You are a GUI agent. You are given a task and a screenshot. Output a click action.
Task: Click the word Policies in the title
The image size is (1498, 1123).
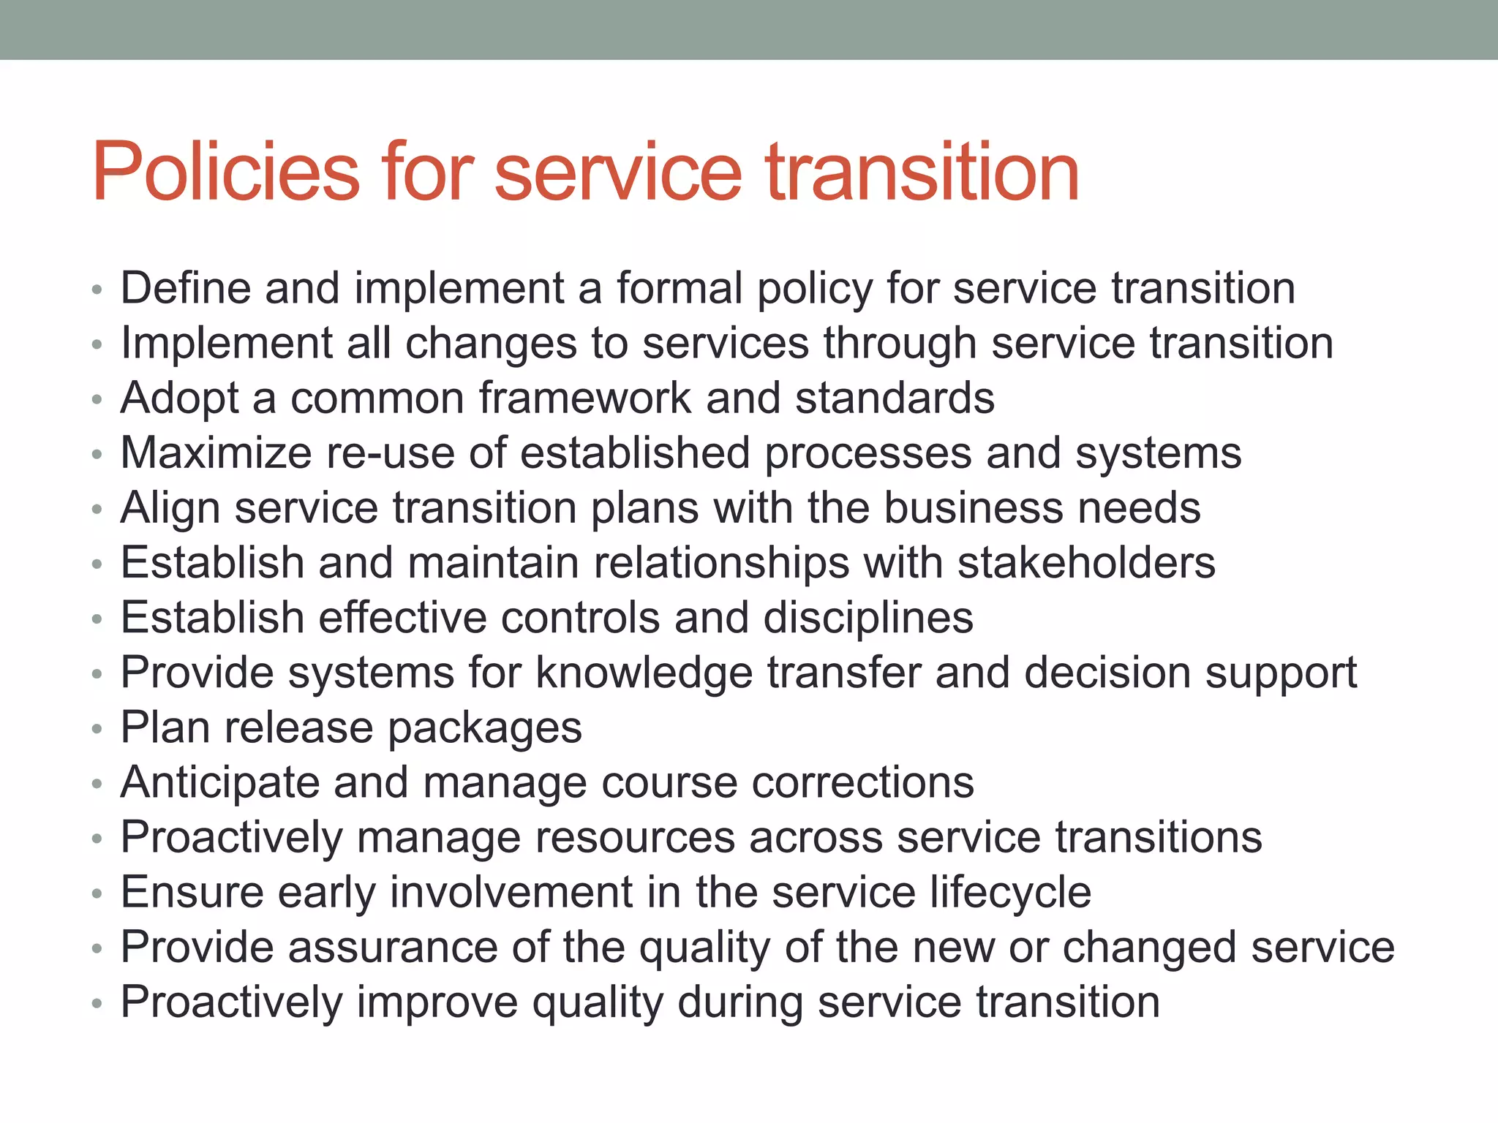tap(226, 173)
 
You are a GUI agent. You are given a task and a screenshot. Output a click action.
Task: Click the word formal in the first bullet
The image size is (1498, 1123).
tap(679, 288)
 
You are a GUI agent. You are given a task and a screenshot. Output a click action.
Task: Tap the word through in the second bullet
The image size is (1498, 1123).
tap(900, 344)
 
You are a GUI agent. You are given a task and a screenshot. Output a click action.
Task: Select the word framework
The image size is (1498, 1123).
tap(585, 398)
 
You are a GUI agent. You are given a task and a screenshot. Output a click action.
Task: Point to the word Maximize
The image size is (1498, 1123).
tap(216, 453)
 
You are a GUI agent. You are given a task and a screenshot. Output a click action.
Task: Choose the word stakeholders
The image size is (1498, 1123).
tap(1086, 563)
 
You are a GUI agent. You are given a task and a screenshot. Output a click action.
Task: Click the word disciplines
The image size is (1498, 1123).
tap(868, 618)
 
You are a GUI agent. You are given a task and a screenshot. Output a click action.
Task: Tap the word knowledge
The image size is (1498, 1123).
tap(644, 673)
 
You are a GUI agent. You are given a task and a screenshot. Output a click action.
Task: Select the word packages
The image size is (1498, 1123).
tap(484, 728)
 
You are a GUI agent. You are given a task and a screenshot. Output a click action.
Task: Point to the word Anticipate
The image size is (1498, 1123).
tap(220, 783)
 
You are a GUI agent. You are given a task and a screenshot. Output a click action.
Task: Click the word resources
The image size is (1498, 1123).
tap(635, 838)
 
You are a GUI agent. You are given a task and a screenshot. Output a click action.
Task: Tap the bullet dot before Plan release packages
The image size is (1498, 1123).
tap(97, 730)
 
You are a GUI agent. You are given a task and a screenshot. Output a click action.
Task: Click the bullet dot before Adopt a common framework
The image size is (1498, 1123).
tap(97, 400)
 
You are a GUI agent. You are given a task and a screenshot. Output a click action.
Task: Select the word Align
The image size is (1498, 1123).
tap(170, 508)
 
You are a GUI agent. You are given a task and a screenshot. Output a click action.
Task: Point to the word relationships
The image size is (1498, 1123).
tap(721, 563)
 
